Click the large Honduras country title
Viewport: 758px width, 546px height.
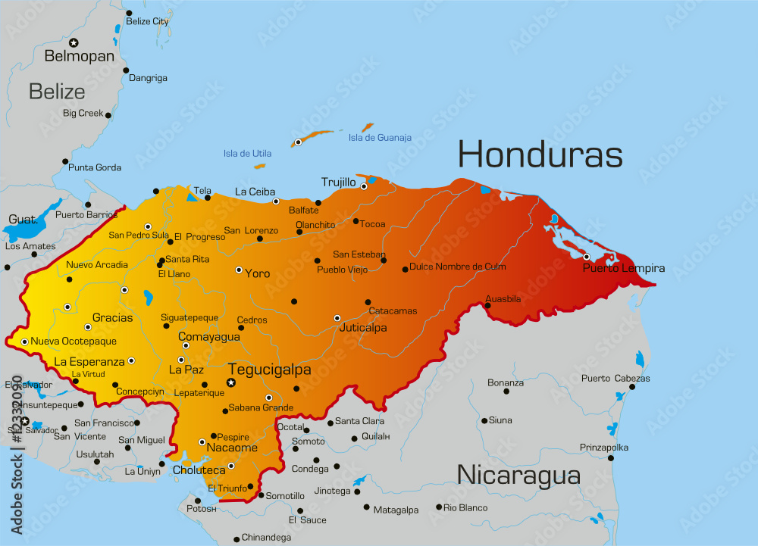pos(540,154)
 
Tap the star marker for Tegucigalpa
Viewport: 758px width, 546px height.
pos(231,383)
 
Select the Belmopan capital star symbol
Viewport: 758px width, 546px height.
pos(74,42)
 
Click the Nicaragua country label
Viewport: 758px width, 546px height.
pos(518,476)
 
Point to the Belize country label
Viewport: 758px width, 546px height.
pos(57,92)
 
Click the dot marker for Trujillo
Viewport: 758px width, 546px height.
pos(364,186)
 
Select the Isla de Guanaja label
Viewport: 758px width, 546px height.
pos(380,138)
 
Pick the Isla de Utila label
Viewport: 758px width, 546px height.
pos(247,154)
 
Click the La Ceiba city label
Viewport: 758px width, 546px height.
pos(255,192)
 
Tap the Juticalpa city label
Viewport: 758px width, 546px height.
pos(363,328)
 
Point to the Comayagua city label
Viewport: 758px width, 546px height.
pos(208,336)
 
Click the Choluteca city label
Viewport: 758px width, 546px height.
pos(199,470)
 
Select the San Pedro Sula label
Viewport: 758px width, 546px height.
pos(138,236)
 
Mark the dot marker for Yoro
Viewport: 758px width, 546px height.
pos(239,270)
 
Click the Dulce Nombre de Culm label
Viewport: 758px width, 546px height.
pos(457,267)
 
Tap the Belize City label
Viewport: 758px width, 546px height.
pos(147,22)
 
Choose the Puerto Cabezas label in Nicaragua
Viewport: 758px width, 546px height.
pos(615,379)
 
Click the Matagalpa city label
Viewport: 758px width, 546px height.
pos(396,510)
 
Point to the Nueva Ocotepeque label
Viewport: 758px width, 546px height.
pos(74,342)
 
